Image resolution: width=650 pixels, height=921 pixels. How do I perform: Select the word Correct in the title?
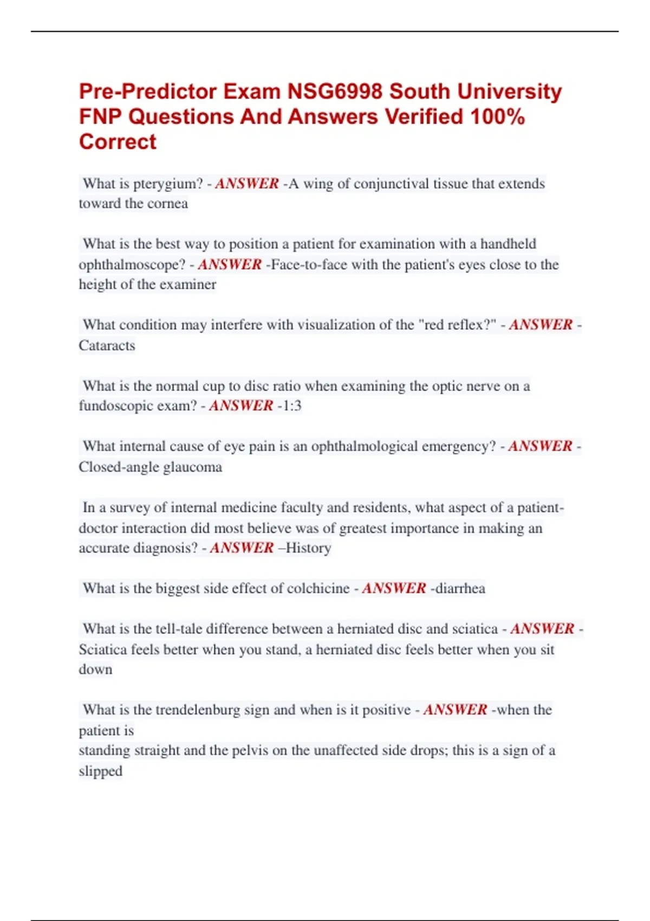pyautogui.click(x=118, y=142)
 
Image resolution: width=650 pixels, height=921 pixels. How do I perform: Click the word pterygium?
pyautogui.click(x=168, y=184)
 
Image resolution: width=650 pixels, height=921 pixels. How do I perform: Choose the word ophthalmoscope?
pyautogui.click(x=132, y=264)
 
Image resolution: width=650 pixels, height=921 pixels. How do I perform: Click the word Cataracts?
pyautogui.click(x=107, y=346)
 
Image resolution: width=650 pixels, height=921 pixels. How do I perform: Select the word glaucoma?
pyautogui.click(x=192, y=467)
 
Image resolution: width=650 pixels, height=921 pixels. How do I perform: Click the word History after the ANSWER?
pyautogui.click(x=308, y=548)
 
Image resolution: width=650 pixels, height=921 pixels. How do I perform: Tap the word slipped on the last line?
pyautogui.click(x=100, y=771)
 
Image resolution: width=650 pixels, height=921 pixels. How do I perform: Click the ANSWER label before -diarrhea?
pyautogui.click(x=394, y=588)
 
